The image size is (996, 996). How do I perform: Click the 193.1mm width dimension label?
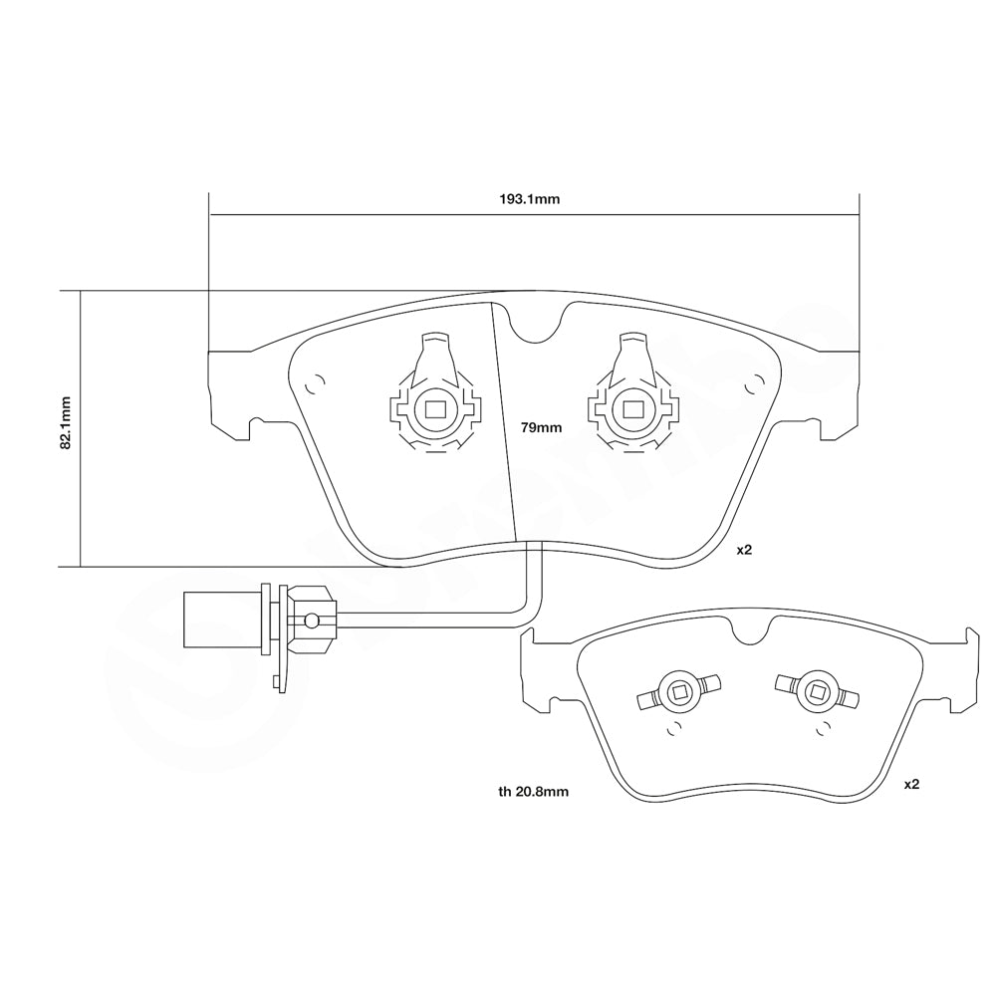tap(530, 199)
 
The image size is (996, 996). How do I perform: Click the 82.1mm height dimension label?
tap(66, 423)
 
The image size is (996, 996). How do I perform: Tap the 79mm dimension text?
tap(542, 427)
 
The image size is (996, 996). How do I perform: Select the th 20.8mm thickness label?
tap(533, 792)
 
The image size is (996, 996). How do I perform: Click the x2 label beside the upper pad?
tap(744, 550)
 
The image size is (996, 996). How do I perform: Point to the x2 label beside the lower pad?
tap(911, 785)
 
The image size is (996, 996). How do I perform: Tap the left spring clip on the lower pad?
tap(677, 692)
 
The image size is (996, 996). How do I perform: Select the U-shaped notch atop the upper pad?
tap(535, 325)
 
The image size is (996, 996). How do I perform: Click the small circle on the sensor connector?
tap(311, 621)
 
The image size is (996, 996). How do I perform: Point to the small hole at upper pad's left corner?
tap(318, 382)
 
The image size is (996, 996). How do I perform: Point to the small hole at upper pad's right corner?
tap(754, 381)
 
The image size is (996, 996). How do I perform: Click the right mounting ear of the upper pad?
tap(839, 393)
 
